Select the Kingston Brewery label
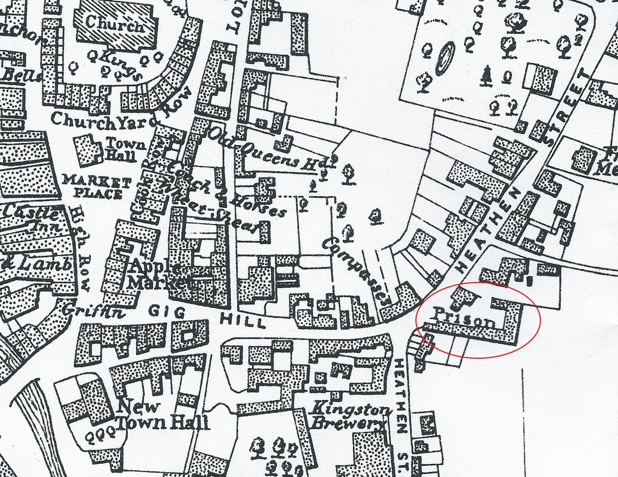tap(347, 417)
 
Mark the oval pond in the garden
tap(445, 59)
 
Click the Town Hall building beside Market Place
tap(88, 151)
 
